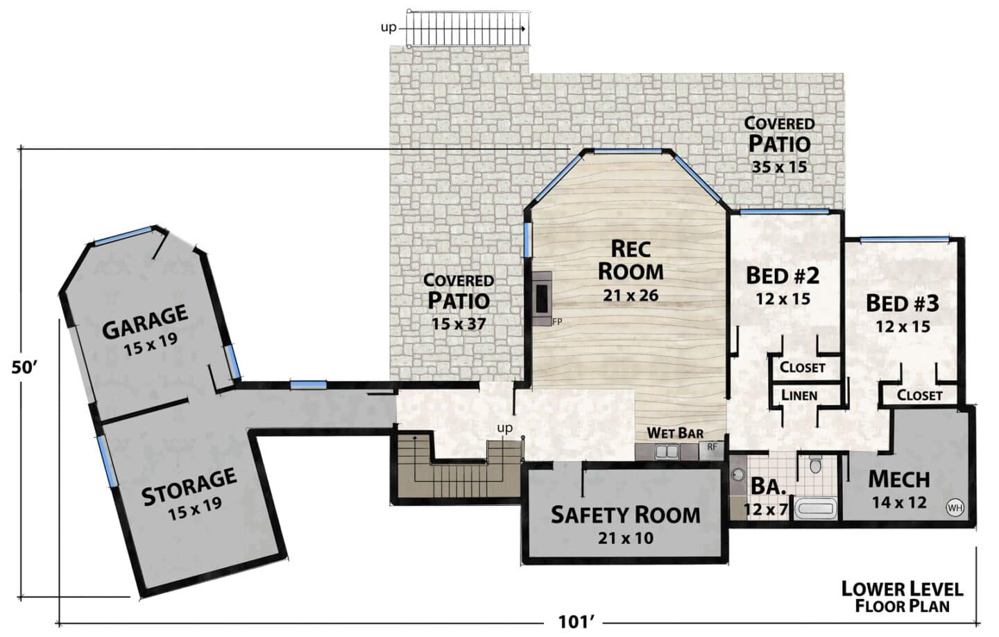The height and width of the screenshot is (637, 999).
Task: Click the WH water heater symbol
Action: (955, 508)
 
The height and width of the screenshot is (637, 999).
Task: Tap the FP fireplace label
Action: (557, 321)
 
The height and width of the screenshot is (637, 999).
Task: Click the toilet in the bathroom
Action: (814, 464)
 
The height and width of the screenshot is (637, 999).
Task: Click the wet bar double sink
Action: (667, 452)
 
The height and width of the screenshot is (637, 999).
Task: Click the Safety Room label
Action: (625, 515)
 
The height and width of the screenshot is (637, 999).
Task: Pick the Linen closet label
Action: (799, 396)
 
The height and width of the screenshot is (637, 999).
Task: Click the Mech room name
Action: (899, 479)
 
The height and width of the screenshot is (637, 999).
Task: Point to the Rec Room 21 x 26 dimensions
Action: (631, 296)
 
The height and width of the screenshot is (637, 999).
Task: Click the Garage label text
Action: (145, 322)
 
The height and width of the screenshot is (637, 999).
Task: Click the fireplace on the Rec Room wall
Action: (542, 298)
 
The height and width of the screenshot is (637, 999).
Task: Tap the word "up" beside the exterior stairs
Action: (388, 28)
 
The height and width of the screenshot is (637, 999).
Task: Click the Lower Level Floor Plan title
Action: (902, 597)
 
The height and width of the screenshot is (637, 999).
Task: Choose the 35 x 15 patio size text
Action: (779, 167)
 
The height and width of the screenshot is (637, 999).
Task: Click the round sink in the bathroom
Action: (738, 474)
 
